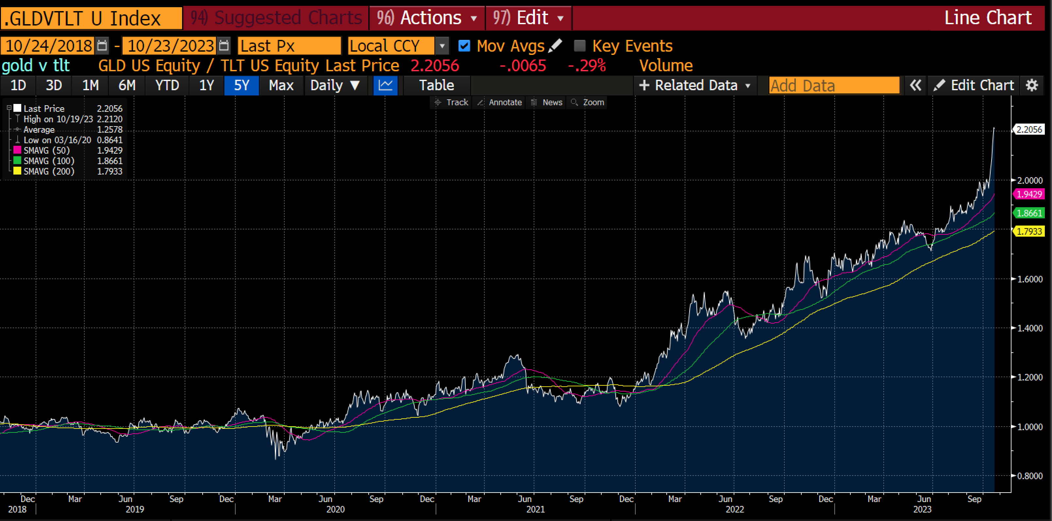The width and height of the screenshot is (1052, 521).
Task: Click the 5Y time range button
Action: click(242, 85)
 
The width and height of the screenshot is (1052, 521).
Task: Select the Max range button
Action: click(281, 85)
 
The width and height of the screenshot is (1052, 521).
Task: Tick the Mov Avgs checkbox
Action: click(464, 45)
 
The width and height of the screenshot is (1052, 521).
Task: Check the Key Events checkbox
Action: click(579, 45)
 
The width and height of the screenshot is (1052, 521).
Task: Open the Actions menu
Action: click(427, 18)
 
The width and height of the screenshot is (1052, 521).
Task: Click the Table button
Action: click(436, 85)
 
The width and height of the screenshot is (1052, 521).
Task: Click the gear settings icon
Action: click(1032, 85)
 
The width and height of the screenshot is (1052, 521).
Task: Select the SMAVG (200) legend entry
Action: click(49, 172)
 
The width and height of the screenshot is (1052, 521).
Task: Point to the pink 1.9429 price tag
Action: click(1029, 194)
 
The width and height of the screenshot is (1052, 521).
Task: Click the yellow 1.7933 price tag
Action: click(1029, 231)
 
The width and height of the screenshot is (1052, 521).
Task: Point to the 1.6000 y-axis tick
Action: click(1029, 279)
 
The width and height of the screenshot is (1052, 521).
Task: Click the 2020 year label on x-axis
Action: click(335, 510)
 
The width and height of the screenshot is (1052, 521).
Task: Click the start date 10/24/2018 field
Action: click(48, 46)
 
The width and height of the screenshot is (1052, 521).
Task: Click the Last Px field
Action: click(289, 46)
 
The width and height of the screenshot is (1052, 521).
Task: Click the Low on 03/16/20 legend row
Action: click(57, 140)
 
